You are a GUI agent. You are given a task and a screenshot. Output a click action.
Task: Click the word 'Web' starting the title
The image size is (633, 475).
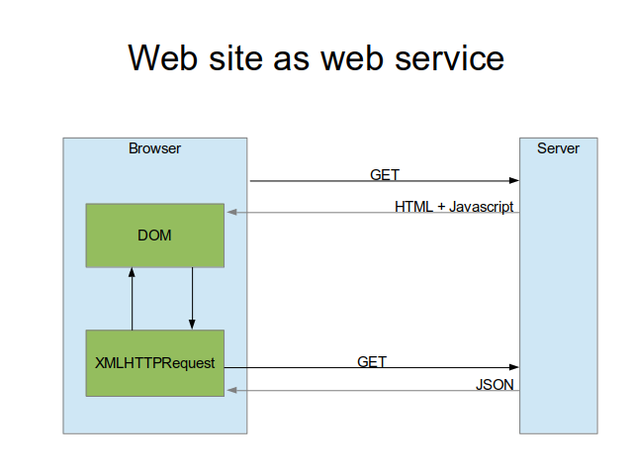pos(162,57)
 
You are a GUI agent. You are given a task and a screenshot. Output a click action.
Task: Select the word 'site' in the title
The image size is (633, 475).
pos(235,57)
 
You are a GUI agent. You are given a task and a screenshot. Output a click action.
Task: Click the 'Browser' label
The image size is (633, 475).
pos(154,148)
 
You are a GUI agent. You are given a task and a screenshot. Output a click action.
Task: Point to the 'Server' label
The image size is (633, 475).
pos(558,148)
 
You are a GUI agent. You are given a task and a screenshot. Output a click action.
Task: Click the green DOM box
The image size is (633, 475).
pos(155,236)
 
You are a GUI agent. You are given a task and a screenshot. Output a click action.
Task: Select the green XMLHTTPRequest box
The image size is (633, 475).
pos(155,363)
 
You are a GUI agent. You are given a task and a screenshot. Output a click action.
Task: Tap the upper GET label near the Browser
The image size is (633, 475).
pos(385,175)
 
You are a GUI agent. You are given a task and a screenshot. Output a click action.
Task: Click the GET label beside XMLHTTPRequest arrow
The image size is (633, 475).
pos(372,361)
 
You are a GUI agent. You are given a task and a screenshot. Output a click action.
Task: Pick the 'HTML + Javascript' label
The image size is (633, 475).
pos(454,207)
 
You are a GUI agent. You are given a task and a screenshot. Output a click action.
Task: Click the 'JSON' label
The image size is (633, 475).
pos(495,385)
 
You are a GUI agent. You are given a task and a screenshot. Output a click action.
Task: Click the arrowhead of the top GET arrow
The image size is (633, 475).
pos(514,180)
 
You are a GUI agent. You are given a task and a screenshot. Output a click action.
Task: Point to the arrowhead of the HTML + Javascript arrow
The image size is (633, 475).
pos(232,212)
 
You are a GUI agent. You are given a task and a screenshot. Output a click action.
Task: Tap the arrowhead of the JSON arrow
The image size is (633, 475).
pos(232,390)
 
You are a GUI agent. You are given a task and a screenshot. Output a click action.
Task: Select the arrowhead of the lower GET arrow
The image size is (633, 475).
pos(514,367)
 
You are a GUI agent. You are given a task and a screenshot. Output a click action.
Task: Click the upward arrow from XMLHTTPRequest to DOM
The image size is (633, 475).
pos(132,299)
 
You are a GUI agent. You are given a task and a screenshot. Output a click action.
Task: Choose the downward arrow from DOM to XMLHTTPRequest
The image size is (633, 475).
pos(192,299)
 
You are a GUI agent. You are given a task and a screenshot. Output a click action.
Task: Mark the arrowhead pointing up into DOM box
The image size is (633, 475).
pos(132,272)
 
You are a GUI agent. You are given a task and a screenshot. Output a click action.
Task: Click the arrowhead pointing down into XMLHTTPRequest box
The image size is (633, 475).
pos(192,325)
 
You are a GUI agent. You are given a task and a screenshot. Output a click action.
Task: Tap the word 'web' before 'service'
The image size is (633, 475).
pos(352,57)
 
